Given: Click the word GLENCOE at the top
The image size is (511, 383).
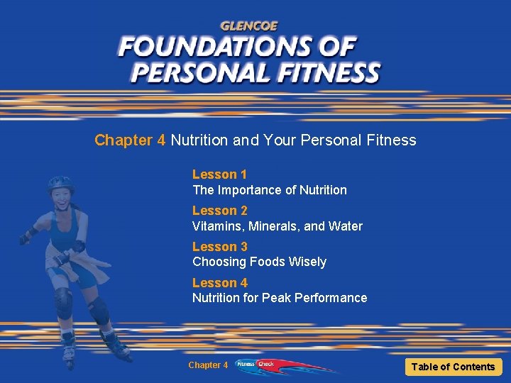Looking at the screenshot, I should click(x=249, y=26).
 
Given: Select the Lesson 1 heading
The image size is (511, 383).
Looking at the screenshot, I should click(x=219, y=174).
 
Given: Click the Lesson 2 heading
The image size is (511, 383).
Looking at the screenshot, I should click(x=219, y=211).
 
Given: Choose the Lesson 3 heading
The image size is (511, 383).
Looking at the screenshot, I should click(x=219, y=247).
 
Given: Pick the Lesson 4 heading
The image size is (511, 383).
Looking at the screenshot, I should click(x=219, y=283).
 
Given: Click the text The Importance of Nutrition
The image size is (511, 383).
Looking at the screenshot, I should click(x=270, y=190).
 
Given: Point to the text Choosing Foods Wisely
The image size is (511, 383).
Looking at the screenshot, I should click(x=259, y=262).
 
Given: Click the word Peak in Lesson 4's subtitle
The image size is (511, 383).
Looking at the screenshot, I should click(x=276, y=298).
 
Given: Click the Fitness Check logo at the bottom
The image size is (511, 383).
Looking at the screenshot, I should click(x=255, y=365).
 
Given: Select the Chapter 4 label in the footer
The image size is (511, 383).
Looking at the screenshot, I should click(x=208, y=365).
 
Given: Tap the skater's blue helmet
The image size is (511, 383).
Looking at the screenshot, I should click(x=61, y=184).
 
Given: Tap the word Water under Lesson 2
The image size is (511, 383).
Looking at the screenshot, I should click(x=346, y=226).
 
